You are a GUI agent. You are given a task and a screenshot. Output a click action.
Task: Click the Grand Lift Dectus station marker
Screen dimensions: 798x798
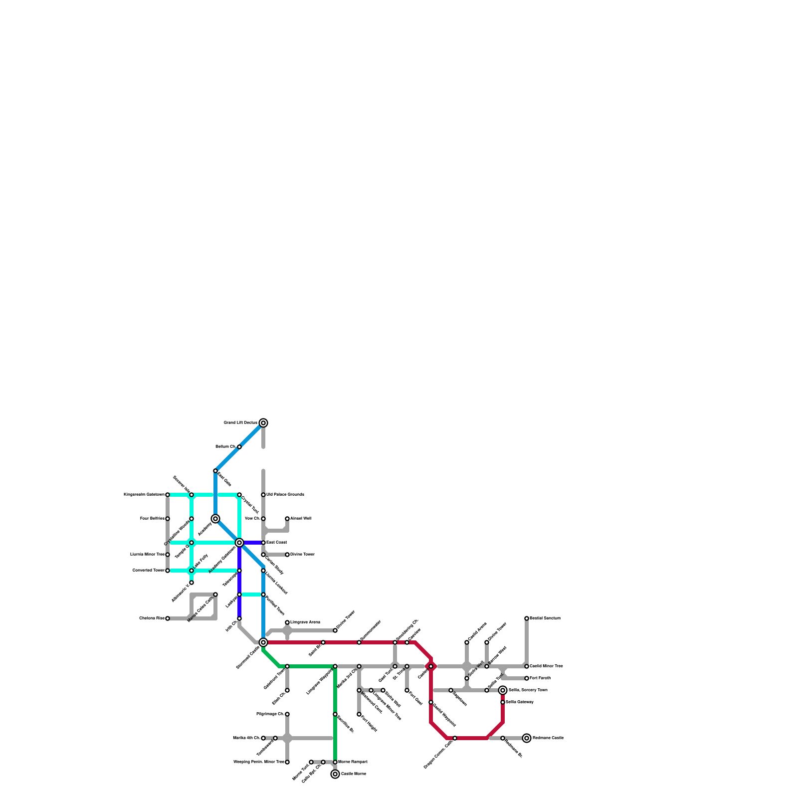point(263,423)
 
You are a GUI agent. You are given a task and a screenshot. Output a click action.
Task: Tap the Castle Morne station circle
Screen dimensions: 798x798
point(335,774)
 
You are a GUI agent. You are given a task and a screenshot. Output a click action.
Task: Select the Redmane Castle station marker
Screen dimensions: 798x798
point(527,738)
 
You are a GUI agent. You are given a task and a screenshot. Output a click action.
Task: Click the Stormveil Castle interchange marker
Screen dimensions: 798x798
point(263,642)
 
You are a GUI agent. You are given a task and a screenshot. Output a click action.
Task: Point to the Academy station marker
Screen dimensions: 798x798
point(215,519)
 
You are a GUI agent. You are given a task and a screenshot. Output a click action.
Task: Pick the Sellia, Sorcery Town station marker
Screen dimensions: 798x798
point(503,690)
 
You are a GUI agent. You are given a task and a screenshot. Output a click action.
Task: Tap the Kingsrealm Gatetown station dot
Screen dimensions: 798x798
point(168,495)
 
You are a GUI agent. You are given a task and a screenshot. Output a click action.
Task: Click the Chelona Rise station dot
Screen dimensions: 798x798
point(168,618)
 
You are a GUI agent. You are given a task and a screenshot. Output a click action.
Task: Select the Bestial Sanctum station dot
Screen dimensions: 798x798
point(527,618)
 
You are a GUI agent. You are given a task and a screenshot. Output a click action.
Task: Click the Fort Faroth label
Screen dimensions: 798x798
point(540,678)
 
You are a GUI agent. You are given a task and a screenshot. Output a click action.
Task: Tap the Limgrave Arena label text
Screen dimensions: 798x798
point(305,622)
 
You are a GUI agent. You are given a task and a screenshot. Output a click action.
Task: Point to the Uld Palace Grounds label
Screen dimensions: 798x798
point(285,495)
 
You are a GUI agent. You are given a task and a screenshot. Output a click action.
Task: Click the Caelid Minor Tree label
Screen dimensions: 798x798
point(546,666)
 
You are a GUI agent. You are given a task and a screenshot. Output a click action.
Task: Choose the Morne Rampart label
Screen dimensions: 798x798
point(353,762)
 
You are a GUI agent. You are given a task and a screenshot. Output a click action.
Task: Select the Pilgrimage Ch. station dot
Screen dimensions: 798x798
point(287,714)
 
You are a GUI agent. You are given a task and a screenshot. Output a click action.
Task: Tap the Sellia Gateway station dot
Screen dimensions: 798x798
point(503,702)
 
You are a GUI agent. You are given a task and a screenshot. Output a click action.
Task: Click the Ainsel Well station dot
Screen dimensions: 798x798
point(287,519)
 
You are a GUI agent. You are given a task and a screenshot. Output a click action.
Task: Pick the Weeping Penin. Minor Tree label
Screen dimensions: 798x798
point(259,762)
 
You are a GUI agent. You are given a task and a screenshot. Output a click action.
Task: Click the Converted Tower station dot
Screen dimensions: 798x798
point(168,571)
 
